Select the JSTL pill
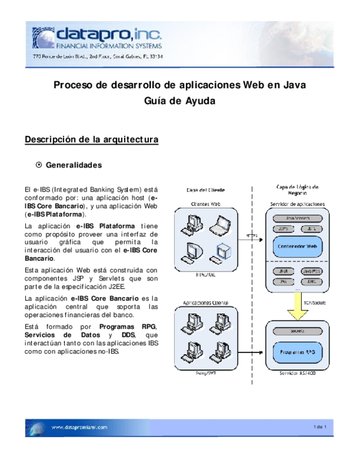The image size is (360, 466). (x=311, y=228)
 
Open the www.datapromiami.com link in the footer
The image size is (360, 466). (x=79, y=427)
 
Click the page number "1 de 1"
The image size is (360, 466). (x=319, y=427)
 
